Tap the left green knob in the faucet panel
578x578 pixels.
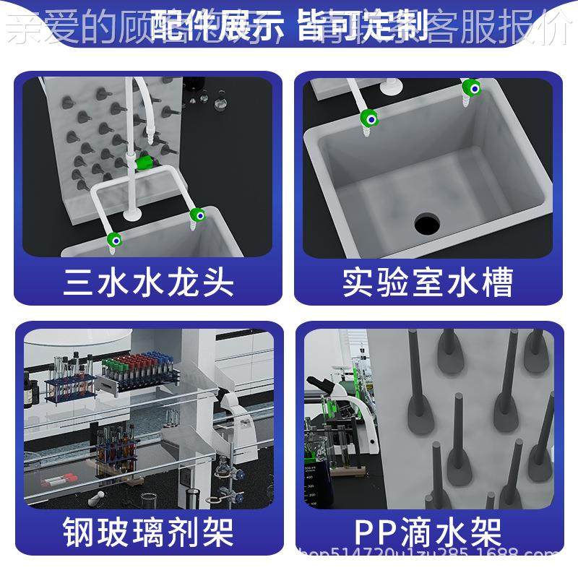click(113, 239)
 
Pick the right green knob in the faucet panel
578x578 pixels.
click(196, 214)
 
